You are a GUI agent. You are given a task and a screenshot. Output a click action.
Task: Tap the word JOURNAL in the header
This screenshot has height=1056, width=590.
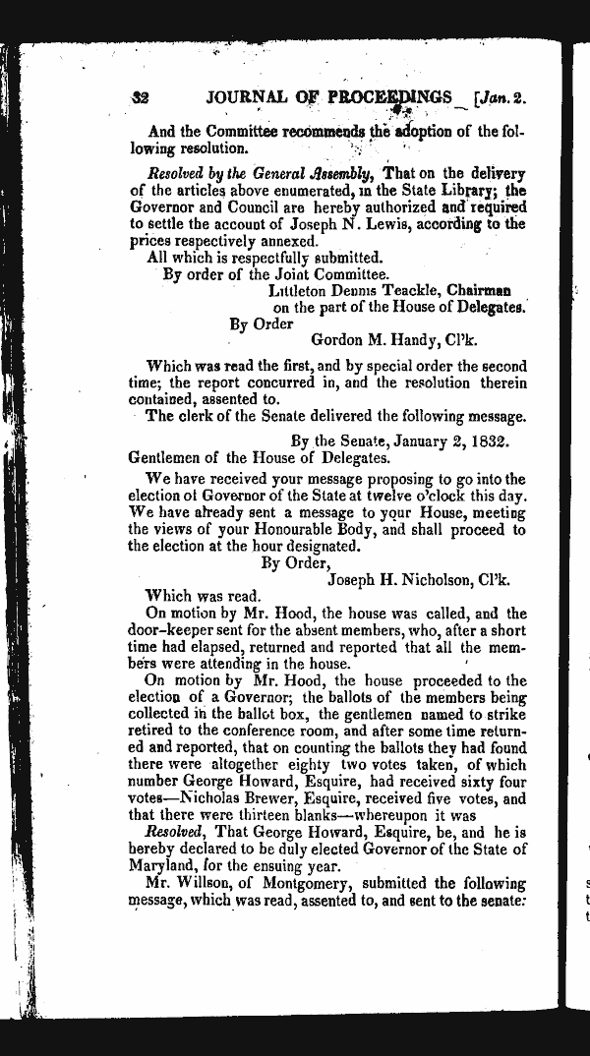[x=247, y=98]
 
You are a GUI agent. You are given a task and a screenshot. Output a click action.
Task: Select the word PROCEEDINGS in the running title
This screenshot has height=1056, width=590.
[x=394, y=98]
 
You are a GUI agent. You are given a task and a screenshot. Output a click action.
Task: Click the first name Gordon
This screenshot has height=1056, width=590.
[x=338, y=340]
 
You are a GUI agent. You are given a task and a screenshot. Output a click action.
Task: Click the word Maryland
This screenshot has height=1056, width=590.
[x=165, y=866]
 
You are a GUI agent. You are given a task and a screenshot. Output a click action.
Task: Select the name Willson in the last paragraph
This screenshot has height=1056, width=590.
[x=207, y=883]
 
